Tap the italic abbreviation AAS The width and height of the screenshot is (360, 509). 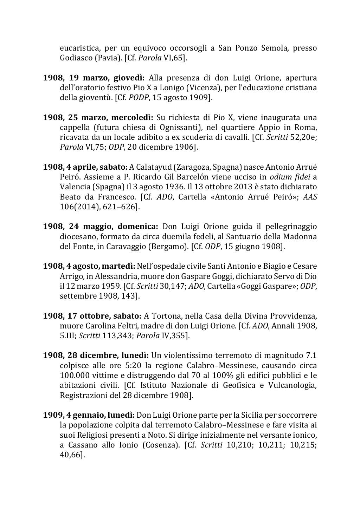[x=310, y=197]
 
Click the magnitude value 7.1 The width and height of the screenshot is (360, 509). [x=310, y=355]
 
